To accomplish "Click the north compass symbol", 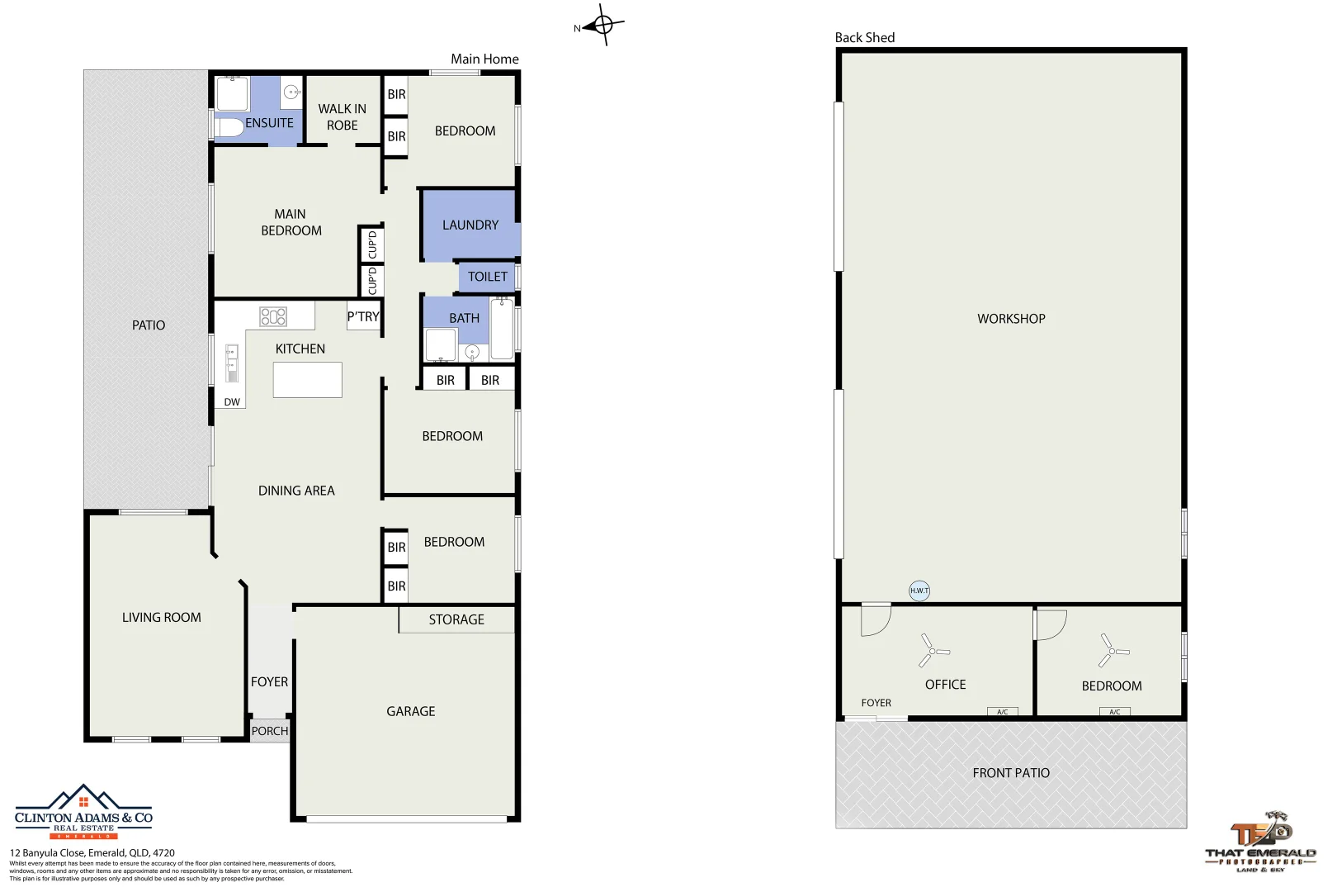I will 602,26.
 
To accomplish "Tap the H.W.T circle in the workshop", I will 919,591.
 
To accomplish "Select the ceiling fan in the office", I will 933,651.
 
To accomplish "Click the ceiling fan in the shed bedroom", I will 1112,651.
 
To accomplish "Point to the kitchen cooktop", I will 273,316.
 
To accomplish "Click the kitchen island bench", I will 307,380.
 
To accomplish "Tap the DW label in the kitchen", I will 232,402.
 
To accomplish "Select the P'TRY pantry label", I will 363,316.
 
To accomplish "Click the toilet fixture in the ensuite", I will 229,128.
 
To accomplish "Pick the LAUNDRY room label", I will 470,225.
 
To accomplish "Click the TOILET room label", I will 488,277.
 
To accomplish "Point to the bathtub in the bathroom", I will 502,330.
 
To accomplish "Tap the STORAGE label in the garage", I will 456,619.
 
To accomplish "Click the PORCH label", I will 270,731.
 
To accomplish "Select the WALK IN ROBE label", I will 343,116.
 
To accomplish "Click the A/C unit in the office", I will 1002,712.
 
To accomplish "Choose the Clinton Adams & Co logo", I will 83,812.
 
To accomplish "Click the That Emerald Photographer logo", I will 1260,842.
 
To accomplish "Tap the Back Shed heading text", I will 864,37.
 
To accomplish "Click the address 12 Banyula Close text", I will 92,852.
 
